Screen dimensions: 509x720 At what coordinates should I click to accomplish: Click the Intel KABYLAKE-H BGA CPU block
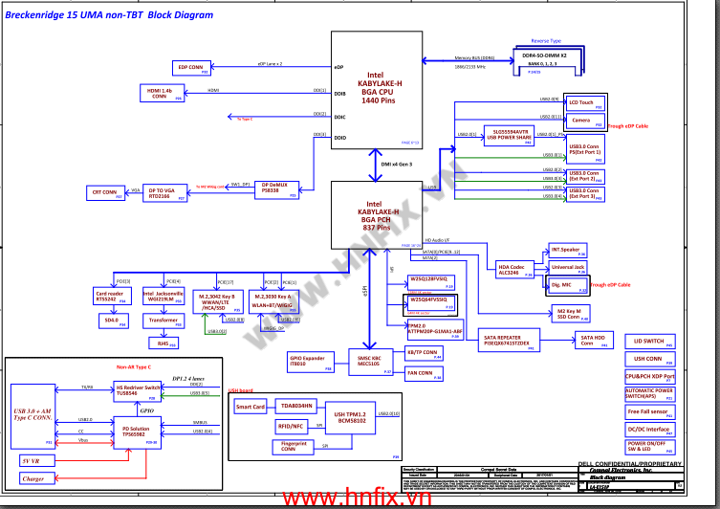(x=379, y=88)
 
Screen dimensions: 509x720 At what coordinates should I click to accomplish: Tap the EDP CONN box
(x=191, y=68)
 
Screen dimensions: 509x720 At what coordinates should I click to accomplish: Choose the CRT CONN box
(x=105, y=193)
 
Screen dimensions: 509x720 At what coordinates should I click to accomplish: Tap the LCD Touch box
(x=583, y=103)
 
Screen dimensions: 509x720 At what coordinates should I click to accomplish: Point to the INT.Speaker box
(x=567, y=251)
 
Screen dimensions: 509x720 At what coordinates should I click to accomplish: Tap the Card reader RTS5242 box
(x=110, y=296)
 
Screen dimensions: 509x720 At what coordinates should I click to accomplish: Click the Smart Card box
(x=251, y=408)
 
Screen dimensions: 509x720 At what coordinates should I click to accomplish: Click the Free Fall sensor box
(x=649, y=412)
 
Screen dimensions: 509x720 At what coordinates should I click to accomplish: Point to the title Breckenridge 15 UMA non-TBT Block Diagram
(x=110, y=16)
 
